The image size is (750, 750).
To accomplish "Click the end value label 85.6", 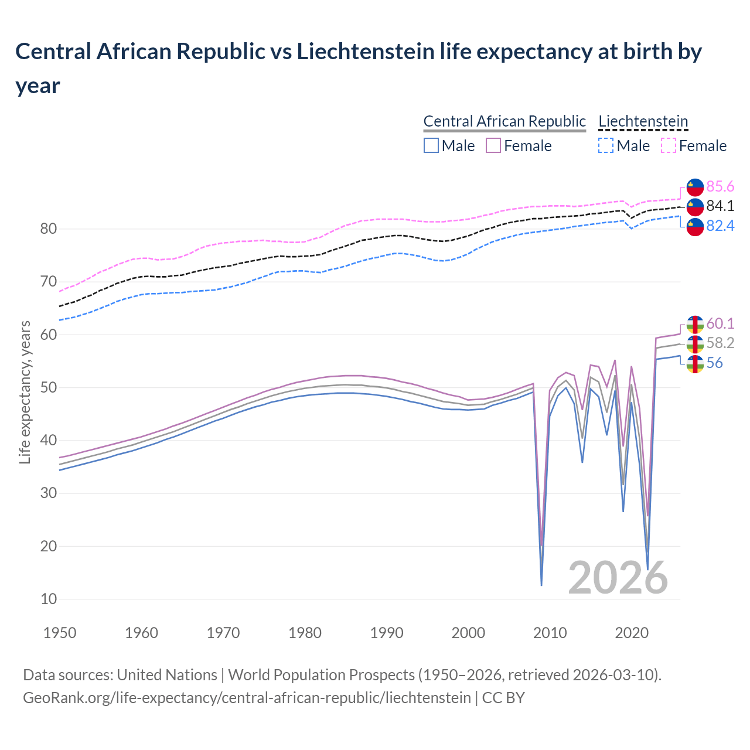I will point(720,186).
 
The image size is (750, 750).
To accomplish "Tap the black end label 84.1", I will point(720,206).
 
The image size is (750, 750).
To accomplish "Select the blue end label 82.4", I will point(720,226).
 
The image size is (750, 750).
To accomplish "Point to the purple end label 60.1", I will point(720,323).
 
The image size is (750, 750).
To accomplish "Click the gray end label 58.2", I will point(720,343).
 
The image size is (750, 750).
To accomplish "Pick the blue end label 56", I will point(714,363).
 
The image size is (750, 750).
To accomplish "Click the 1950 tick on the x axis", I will point(60,633).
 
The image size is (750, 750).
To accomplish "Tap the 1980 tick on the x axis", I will point(305,633).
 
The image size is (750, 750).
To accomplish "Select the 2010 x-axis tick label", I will point(550,633).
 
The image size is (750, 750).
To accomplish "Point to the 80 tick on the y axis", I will point(48,229).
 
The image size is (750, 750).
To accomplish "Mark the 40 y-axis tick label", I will point(48,440).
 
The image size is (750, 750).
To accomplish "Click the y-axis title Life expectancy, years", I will point(25,393).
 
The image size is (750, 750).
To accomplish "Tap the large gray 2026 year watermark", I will point(618,578).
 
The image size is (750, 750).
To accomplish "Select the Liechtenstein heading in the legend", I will point(643,121).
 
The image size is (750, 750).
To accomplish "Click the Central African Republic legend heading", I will point(504,121).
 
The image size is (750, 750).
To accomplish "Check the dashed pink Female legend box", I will point(668,145).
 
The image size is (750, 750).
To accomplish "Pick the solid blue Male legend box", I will point(431,145).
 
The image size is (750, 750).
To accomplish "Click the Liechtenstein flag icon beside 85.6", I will point(695,186).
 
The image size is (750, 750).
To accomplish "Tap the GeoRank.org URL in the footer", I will point(247,698).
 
